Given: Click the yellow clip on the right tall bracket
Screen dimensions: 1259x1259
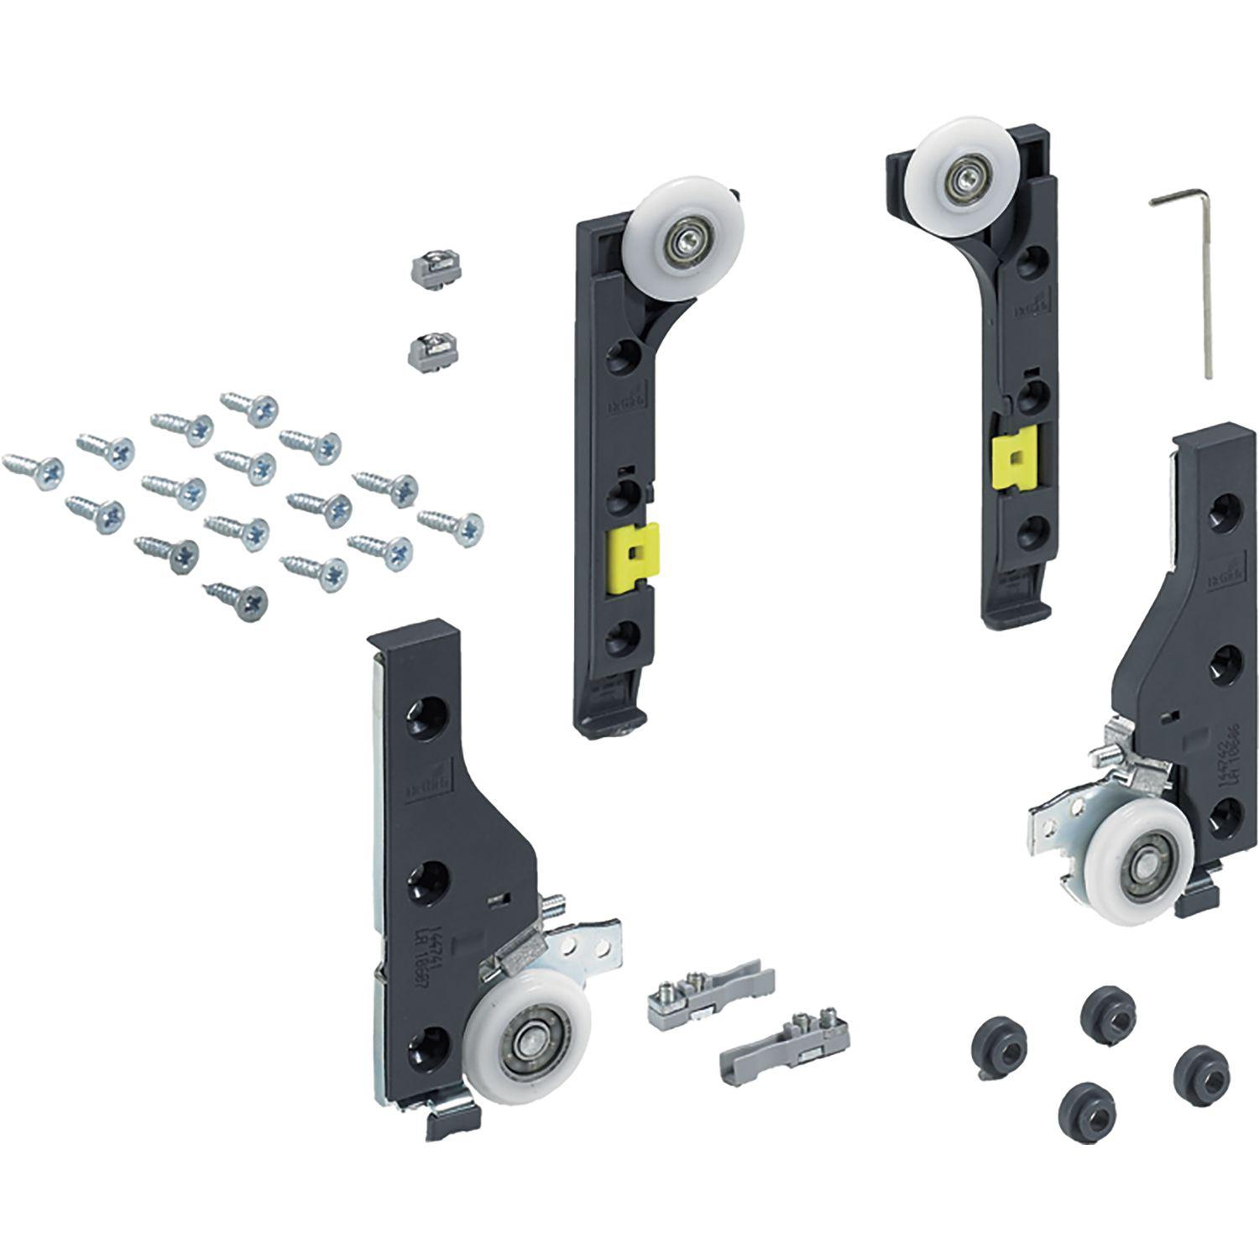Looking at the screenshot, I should coord(1013,457).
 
